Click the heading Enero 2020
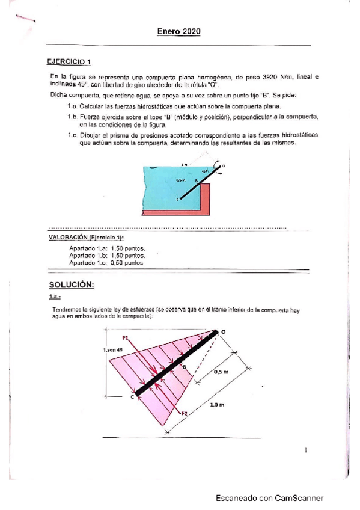pyautogui.click(x=178, y=31)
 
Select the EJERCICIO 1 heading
pyautogui.click(x=69, y=61)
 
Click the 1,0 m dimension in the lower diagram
pyautogui.click(x=217, y=405)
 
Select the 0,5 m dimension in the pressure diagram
pyautogui.click(x=221, y=372)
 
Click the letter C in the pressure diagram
pyautogui.click(x=132, y=397)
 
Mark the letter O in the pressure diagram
pyautogui.click(x=224, y=331)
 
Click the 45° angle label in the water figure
pyautogui.click(x=205, y=171)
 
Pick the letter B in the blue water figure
pyautogui.click(x=195, y=179)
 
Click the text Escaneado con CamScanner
pyautogui.click(x=270, y=498)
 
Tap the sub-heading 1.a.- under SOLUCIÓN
pyautogui.click(x=55, y=297)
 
